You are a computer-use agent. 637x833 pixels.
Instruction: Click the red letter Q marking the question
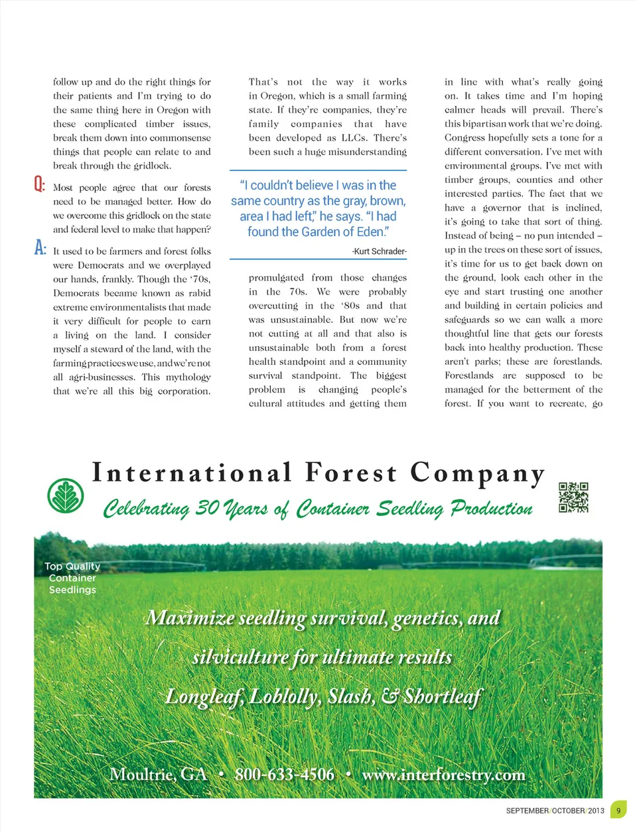tap(39, 184)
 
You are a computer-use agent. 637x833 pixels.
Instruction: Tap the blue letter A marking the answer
tap(40, 247)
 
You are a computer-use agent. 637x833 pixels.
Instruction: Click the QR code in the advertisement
tap(573, 497)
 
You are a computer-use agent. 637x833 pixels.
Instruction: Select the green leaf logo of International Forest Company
tap(66, 495)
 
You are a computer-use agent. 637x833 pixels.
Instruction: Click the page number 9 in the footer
tap(618, 810)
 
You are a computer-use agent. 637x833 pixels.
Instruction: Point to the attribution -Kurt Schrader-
tap(379, 251)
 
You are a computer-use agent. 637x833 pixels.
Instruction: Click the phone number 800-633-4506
tap(284, 774)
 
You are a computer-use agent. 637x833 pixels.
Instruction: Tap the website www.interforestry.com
tap(443, 774)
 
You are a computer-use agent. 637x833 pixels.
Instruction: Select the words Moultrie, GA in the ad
tap(158, 774)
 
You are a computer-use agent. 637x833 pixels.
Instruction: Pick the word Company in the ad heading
tap(477, 474)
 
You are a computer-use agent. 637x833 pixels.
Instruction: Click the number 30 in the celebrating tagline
tap(207, 508)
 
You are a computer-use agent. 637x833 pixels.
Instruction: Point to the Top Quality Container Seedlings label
tap(72, 578)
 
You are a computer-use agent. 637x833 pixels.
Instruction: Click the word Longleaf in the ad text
tap(204, 696)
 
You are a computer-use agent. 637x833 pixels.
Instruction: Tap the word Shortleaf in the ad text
tap(442, 696)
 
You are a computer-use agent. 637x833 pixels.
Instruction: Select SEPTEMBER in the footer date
tap(527, 810)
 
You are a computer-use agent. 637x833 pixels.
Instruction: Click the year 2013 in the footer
tap(596, 810)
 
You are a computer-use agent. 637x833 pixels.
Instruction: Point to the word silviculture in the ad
tap(240, 657)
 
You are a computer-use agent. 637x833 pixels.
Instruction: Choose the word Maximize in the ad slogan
tap(190, 618)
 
